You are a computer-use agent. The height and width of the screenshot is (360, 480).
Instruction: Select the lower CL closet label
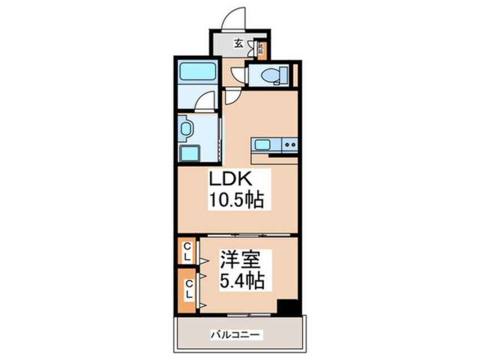[188, 290]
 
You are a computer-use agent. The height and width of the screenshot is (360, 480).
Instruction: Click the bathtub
[197, 73]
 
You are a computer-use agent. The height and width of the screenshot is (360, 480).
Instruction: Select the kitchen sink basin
[262, 145]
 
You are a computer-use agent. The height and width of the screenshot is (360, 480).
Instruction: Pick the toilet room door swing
[239, 76]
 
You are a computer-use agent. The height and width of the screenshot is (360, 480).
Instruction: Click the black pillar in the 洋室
[289, 307]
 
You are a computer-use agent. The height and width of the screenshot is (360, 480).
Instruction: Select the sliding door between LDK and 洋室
[238, 235]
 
